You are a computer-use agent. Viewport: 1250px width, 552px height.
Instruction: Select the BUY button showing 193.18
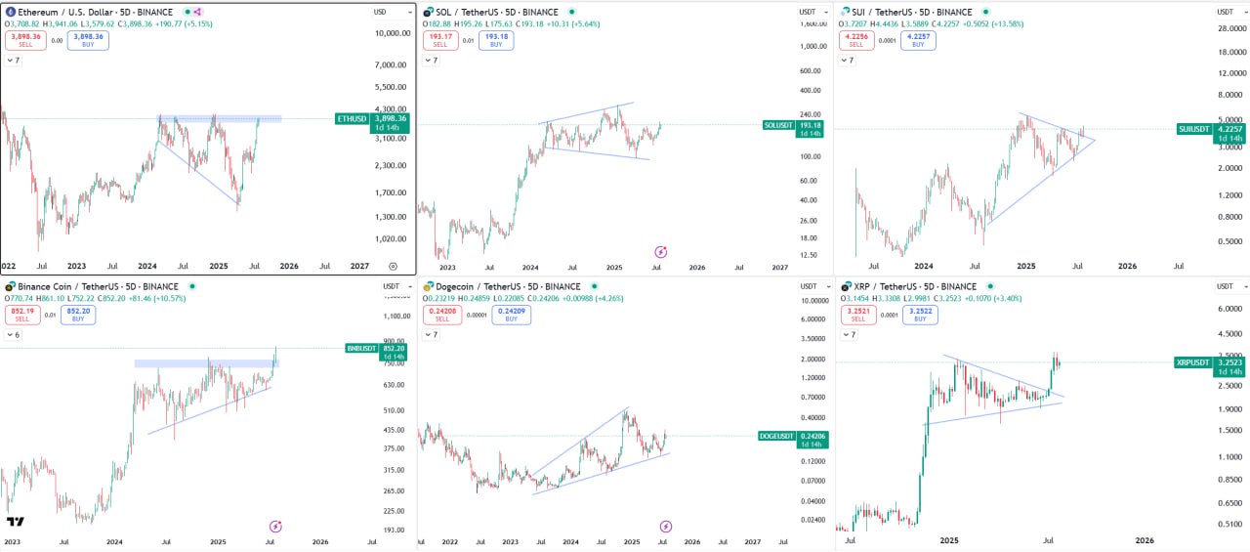pos(496,40)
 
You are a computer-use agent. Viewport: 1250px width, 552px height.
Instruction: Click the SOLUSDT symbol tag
pos(779,125)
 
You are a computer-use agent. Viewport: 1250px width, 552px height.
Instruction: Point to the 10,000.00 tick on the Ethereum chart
pos(392,33)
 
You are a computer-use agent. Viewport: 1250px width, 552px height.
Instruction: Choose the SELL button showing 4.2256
pos(855,40)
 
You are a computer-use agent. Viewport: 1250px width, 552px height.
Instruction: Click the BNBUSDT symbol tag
pos(362,348)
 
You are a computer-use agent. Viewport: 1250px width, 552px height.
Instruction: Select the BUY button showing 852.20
pos(78,314)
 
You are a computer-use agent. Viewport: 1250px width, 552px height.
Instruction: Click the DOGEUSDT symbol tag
pos(775,436)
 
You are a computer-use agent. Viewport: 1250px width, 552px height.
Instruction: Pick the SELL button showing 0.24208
pos(440,314)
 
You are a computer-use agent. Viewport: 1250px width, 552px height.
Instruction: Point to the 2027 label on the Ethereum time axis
pos(360,265)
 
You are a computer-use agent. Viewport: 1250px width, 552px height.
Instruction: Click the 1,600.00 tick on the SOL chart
pos(808,46)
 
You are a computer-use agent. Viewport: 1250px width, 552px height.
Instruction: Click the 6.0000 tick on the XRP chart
pos(1228,309)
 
